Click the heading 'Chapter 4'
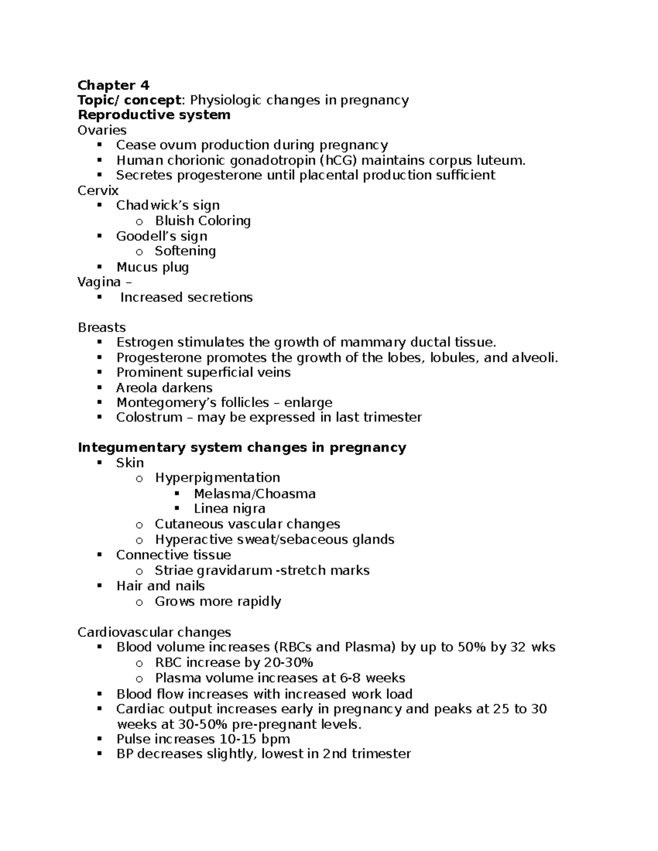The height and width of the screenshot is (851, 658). click(x=113, y=85)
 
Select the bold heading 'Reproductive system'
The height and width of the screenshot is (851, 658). click(x=154, y=115)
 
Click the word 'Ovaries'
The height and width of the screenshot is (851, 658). click(x=102, y=130)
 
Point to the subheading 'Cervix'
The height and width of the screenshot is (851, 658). click(x=98, y=190)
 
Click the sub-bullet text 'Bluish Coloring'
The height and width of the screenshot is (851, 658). click(x=203, y=220)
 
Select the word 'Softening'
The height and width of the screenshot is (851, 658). click(x=185, y=251)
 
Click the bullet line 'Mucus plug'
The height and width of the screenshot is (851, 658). click(x=152, y=267)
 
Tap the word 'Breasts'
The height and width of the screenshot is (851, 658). click(x=101, y=327)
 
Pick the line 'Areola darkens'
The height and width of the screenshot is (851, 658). click(x=164, y=387)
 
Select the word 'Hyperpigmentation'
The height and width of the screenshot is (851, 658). click(x=217, y=477)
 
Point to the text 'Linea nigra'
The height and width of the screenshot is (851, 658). click(x=229, y=509)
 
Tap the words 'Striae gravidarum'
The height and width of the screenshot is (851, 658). click(x=213, y=570)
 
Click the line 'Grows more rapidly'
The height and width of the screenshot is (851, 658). click(x=218, y=601)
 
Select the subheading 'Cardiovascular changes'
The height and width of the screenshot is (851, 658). click(x=154, y=632)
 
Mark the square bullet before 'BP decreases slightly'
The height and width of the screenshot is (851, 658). click(x=99, y=753)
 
